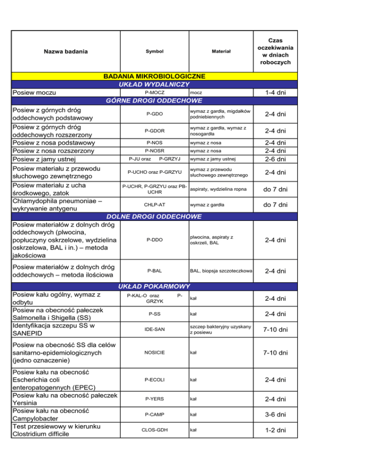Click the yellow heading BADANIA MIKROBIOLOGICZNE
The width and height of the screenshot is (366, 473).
[x=154, y=76]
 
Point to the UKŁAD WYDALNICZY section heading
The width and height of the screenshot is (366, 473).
[x=154, y=84]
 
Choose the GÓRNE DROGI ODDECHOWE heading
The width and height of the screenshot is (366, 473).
[x=154, y=100]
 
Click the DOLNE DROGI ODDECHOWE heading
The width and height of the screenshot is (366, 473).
[x=154, y=217]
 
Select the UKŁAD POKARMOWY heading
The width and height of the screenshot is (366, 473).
[x=154, y=286]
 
